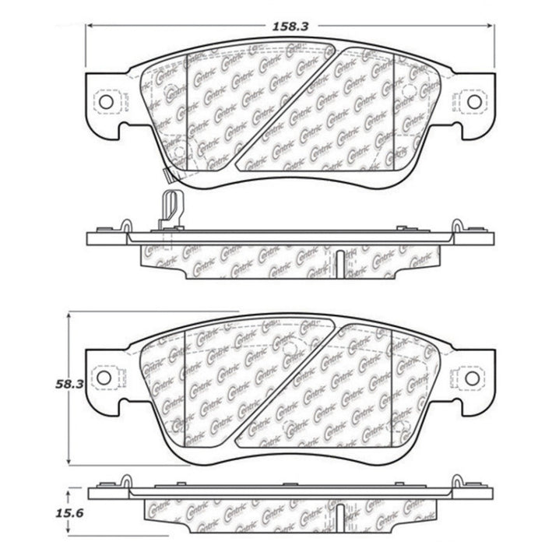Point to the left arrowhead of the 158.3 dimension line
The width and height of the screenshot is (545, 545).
click(x=88, y=25)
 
